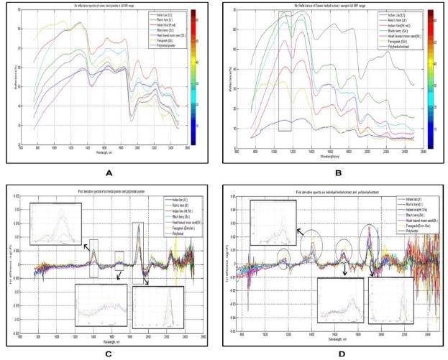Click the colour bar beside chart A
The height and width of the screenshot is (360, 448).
coord(197,78)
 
